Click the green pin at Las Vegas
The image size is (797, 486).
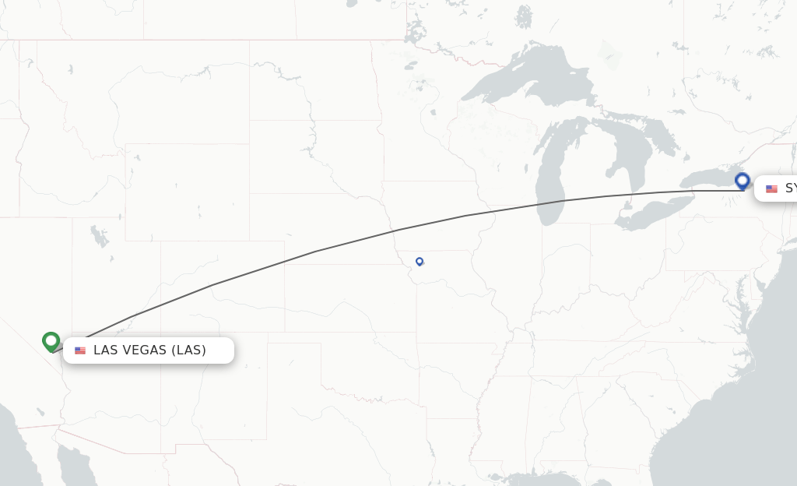[x=51, y=341]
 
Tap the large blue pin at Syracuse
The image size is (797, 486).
[x=742, y=181]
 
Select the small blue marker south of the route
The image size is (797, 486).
[x=420, y=262]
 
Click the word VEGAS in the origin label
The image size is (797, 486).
[x=144, y=350]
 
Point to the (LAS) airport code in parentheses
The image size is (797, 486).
[x=189, y=350]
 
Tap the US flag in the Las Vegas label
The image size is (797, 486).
[x=80, y=350]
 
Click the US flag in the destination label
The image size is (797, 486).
[x=771, y=188]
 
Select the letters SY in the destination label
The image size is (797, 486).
[x=790, y=188]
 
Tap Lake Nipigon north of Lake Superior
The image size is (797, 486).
[x=524, y=16]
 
